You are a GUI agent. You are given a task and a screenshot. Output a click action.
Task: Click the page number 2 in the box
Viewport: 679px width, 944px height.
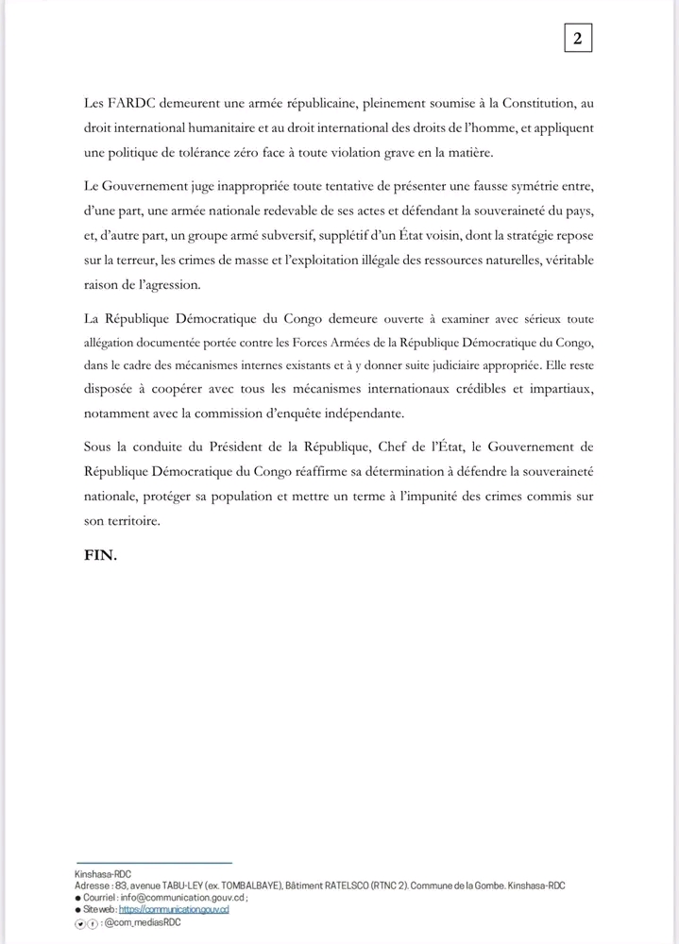[576, 38]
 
